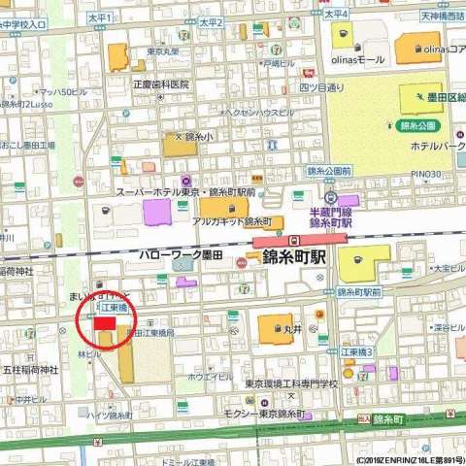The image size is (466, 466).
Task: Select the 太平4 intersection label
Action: pyautogui.click(x=336, y=15)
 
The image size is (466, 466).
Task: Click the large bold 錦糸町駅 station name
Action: pyautogui.click(x=296, y=259)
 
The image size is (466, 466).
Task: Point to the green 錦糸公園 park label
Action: pyautogui.click(x=419, y=126)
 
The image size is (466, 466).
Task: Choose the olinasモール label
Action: pyautogui.click(x=358, y=59)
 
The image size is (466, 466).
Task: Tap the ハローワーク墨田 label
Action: pyautogui.click(x=176, y=253)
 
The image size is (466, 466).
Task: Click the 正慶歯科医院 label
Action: pyautogui.click(x=161, y=84)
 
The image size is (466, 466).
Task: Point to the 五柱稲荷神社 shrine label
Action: pyautogui.click(x=32, y=369)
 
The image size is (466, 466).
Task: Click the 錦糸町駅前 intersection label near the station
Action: pyautogui.click(x=360, y=291)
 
